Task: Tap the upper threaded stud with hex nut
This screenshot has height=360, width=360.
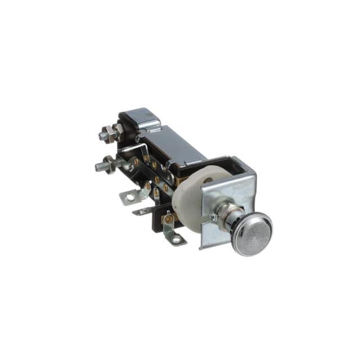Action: (109, 134)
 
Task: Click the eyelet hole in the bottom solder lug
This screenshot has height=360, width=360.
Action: (177, 240)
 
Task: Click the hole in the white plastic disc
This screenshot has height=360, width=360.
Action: (208, 181)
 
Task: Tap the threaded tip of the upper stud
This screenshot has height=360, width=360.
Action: (102, 136)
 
